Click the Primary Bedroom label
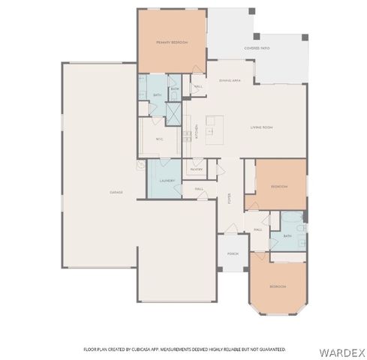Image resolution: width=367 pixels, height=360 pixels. (x=171, y=43)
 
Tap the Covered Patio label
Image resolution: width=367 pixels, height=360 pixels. (x=257, y=48)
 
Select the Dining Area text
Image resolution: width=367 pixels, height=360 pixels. (x=230, y=79)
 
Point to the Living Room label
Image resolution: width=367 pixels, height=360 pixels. (x=261, y=127)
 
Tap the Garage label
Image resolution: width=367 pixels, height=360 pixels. (x=116, y=192)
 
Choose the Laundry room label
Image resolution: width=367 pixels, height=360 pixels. (x=168, y=181)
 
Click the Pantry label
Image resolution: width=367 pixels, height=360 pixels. (x=197, y=169)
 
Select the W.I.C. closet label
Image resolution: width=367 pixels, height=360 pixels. (x=160, y=139)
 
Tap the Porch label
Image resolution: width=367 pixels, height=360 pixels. (x=233, y=253)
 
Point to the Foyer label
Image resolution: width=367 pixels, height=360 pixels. (x=229, y=198)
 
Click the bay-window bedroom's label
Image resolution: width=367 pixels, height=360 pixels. (x=278, y=286)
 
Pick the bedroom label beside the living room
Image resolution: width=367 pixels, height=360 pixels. (x=278, y=185)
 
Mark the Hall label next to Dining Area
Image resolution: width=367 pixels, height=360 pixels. (x=199, y=87)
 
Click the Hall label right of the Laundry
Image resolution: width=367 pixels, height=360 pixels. (x=200, y=189)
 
